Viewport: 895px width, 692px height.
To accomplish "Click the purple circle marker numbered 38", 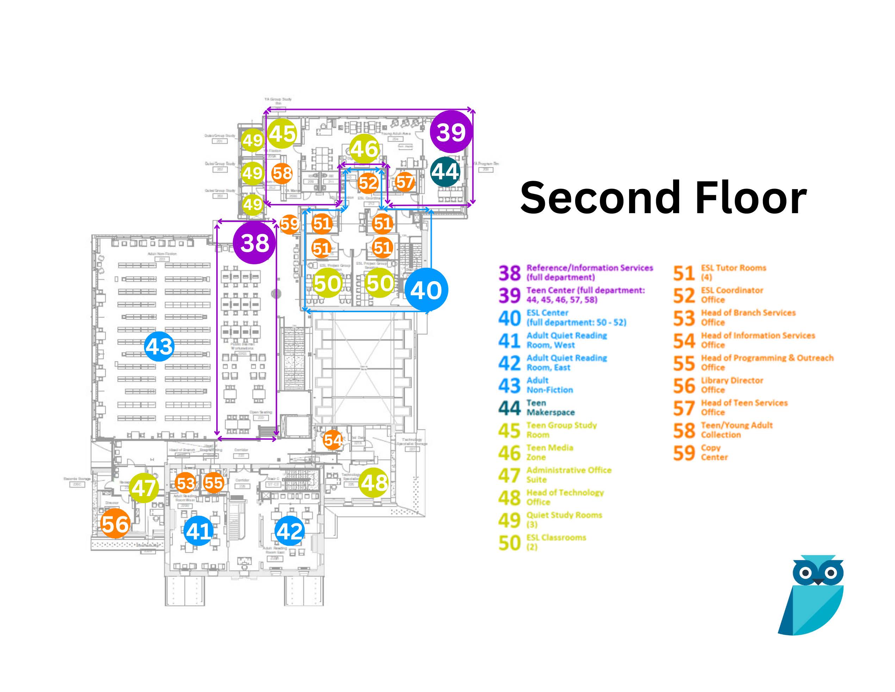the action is (255, 243).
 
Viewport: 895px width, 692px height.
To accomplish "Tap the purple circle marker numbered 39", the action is (451, 132).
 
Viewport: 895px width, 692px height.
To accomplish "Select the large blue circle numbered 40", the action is (426, 289).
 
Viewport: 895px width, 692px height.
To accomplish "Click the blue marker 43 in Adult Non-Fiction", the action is (160, 346).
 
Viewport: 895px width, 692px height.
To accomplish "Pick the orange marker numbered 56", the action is (115, 524).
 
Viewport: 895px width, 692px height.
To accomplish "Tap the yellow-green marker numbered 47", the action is (144, 487).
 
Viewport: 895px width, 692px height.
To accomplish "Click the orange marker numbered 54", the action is (332, 440).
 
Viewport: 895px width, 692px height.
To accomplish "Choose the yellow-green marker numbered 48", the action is (374, 482).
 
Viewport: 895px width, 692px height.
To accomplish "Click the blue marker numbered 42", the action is (290, 531).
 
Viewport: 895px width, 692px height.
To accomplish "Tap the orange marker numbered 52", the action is (368, 183).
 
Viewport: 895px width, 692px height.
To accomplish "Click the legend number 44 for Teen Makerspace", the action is (509, 408).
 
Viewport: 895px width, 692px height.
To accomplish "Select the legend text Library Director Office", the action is (732, 385).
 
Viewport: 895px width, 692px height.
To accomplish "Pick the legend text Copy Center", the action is (714, 452).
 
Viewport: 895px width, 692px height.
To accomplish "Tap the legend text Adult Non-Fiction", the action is (549, 385).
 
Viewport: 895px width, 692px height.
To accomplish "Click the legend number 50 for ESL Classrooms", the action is (509, 543).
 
